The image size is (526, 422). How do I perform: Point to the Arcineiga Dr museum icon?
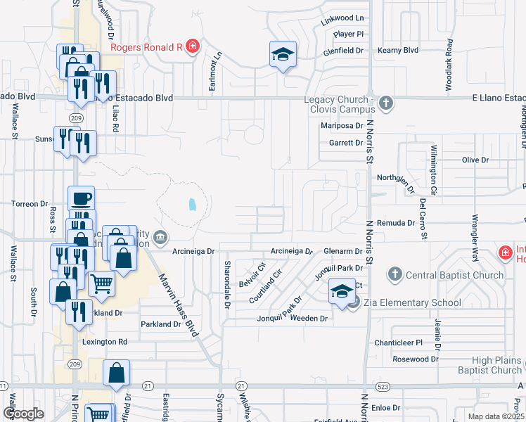point(160,237)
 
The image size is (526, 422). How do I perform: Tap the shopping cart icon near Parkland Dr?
point(101,283)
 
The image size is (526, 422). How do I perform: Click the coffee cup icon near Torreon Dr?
point(81,198)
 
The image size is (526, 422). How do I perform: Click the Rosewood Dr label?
point(415,359)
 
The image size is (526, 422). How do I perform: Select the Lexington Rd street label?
point(104,342)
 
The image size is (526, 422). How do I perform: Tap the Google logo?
point(24,414)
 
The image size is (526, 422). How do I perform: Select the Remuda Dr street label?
point(397,222)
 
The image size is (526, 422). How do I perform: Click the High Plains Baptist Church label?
point(496,365)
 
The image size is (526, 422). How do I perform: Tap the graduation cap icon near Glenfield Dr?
point(283,55)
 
